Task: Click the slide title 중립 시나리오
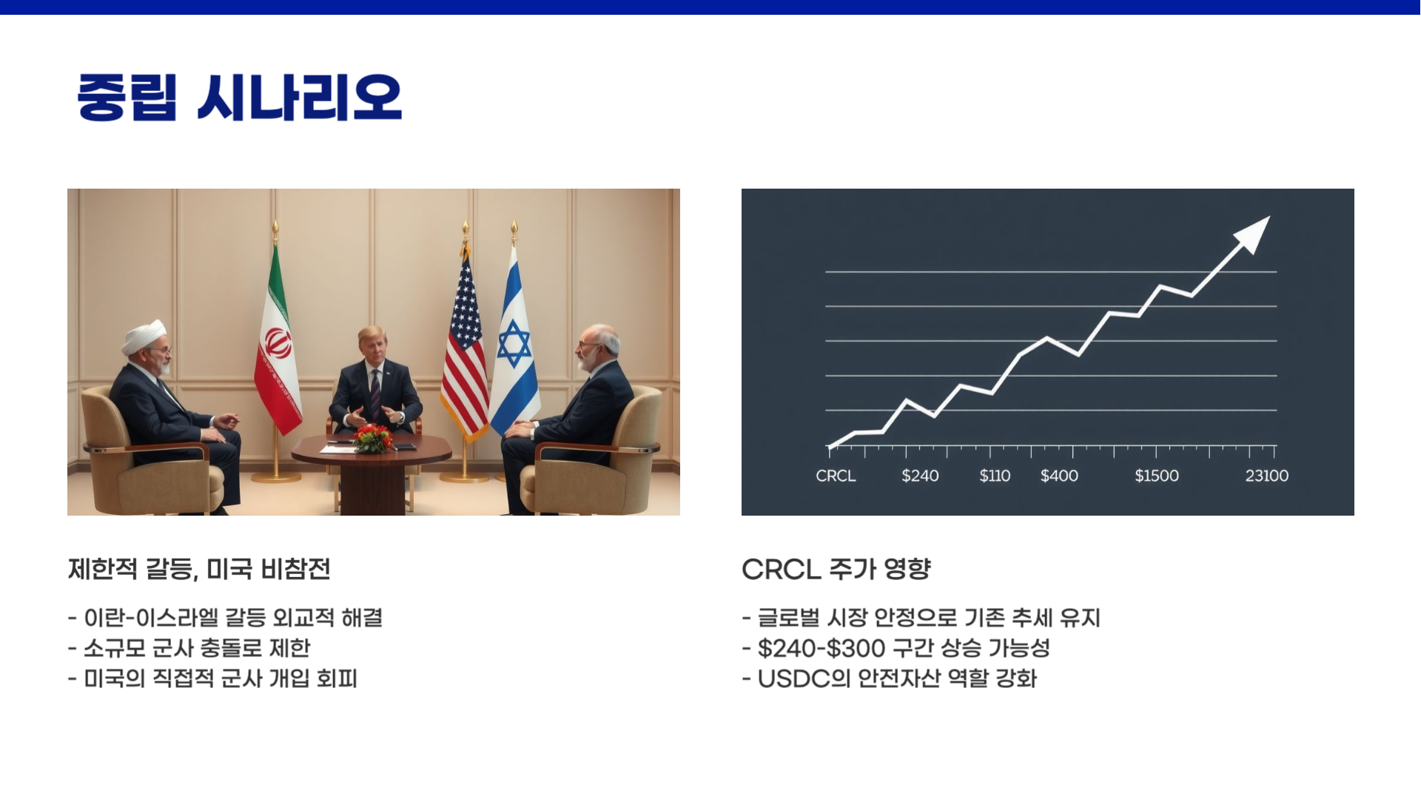[x=239, y=98]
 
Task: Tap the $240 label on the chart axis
[x=920, y=476]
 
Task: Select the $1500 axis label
[x=1156, y=476]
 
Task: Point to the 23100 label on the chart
[x=1266, y=476]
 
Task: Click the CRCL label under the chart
[x=836, y=476]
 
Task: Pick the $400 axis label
[x=1059, y=476]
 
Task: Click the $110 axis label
[x=995, y=476]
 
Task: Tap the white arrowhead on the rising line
[x=1254, y=234]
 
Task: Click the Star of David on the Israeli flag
[x=514, y=343]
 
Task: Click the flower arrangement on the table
[x=373, y=438]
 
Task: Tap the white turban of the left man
[x=144, y=337]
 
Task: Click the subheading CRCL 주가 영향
[x=836, y=569]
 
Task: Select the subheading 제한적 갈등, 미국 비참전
[x=198, y=569]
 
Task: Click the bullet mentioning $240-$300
[x=903, y=648]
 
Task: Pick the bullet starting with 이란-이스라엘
[x=232, y=618]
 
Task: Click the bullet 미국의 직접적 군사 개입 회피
[x=220, y=678]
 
